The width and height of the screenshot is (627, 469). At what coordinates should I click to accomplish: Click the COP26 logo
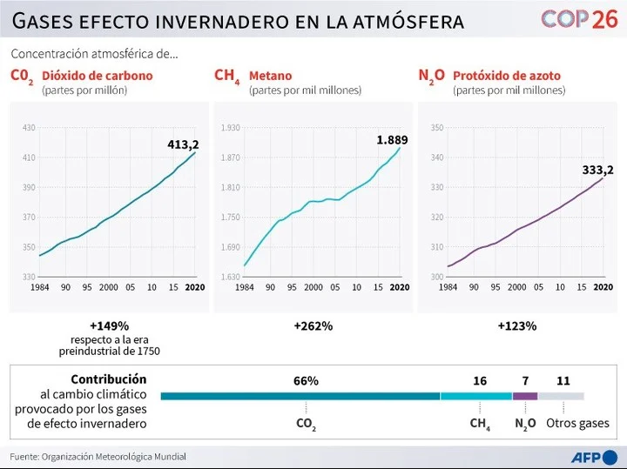point(578,19)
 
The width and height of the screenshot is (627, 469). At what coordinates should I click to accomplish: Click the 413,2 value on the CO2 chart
point(183,144)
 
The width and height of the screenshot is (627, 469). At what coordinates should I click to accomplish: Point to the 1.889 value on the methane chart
point(392,139)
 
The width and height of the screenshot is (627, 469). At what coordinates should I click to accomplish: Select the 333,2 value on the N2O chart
point(597,170)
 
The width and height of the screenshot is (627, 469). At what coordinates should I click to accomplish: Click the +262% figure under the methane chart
point(313,326)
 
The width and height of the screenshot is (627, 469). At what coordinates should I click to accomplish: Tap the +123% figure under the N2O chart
point(517,326)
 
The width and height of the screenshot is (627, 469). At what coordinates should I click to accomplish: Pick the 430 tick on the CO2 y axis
point(29,128)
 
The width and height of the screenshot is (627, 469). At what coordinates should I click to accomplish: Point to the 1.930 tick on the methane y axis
point(230,128)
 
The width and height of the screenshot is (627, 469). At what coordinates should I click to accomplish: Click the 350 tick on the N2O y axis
point(437,128)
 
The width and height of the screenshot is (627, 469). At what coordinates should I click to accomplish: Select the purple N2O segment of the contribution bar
point(524,396)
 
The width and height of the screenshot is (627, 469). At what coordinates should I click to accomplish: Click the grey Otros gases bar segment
point(561,396)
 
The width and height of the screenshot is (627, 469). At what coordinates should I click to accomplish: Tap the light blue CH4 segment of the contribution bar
point(476,396)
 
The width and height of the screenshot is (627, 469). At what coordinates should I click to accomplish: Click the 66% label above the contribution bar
point(306,381)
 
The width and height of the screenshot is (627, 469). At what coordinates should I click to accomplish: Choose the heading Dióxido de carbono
point(97,76)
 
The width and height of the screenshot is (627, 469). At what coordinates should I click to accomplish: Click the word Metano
point(270,76)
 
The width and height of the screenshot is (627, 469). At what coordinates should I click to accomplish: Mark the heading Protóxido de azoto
point(507,76)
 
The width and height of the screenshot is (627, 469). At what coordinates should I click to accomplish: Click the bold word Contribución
point(108,379)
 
